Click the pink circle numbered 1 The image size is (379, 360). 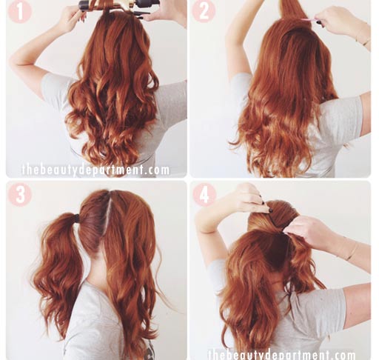(20, 12)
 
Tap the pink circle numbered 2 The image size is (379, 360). (204, 11)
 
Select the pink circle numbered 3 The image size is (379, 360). (20, 195)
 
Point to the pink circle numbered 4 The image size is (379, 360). (204, 195)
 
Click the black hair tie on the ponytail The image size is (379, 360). (77, 219)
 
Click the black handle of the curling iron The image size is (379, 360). (147, 4)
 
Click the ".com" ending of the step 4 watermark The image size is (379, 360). (342, 355)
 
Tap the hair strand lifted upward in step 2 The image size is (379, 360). (291, 10)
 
